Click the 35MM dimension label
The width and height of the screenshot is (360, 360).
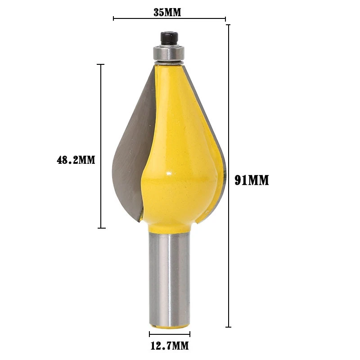(167, 12)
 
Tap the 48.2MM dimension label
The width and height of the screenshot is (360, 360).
(76, 160)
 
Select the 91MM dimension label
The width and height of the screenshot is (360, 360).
(252, 180)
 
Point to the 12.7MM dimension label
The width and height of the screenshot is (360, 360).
(170, 346)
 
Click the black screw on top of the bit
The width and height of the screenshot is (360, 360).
(169, 39)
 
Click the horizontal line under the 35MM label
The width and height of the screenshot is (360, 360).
(170, 18)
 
